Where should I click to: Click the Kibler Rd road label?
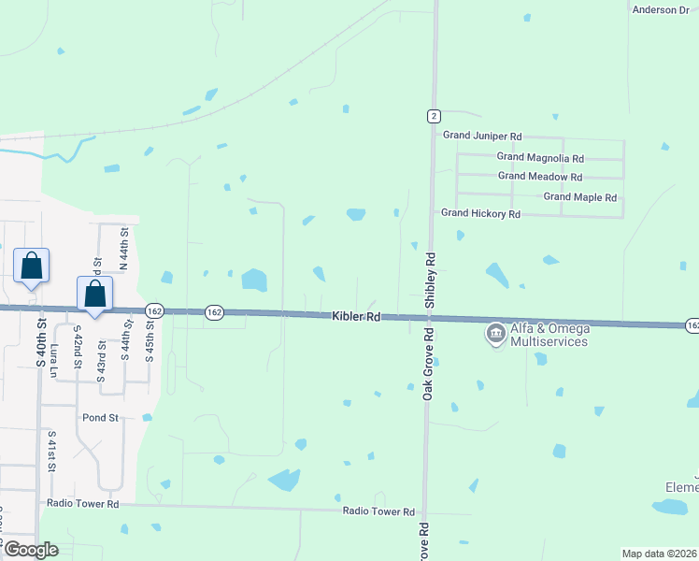[356, 318]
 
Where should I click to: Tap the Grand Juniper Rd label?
[482, 136]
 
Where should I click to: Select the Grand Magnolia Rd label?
[540, 158]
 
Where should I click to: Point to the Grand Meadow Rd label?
[540, 176]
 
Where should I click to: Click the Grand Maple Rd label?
[580, 197]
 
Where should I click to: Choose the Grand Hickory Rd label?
[480, 213]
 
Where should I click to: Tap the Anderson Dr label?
[661, 9]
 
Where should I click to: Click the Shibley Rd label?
[431, 279]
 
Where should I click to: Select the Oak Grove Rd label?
[427, 364]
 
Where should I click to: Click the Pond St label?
[101, 418]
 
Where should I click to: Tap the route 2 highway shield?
[434, 116]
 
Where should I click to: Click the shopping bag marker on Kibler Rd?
[95, 294]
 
